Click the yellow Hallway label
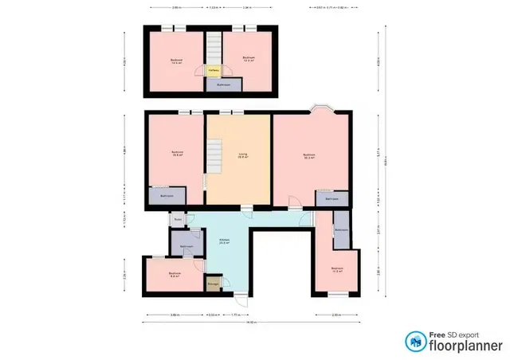pos(213,70)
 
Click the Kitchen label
pos(225,242)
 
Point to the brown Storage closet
pos(214,283)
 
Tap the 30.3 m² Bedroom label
pos(309,156)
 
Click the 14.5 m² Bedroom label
pos(176,60)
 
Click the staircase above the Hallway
pos(213,48)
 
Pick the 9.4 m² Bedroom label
pos(174,275)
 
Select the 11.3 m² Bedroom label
pos(336,269)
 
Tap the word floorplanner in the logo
pos(465,346)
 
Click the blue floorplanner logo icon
pos(414,342)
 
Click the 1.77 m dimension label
pos(235,314)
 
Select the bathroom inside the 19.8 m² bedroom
pos(166,195)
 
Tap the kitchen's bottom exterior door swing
pos(239,298)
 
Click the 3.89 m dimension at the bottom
pos(174,314)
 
